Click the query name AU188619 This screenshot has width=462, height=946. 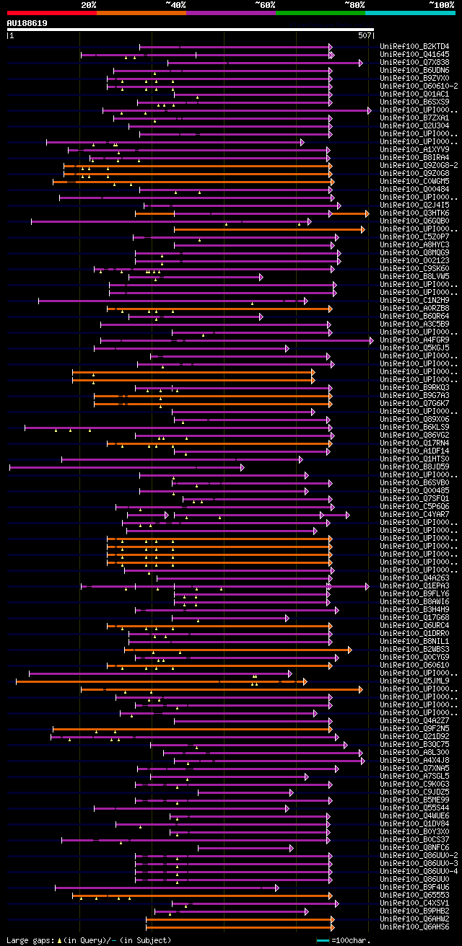pyautogui.click(x=27, y=23)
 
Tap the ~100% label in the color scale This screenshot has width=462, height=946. pyautogui.click(x=441, y=5)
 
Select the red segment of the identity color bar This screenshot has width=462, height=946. pyautogui.click(x=51, y=13)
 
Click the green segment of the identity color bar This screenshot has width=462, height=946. pyautogui.click(x=320, y=13)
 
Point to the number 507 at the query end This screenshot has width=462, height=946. pyautogui.click(x=365, y=35)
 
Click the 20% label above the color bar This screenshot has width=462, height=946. pyautogui.click(x=88, y=5)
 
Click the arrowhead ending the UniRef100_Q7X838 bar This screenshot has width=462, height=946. pyautogui.click(x=360, y=63)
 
